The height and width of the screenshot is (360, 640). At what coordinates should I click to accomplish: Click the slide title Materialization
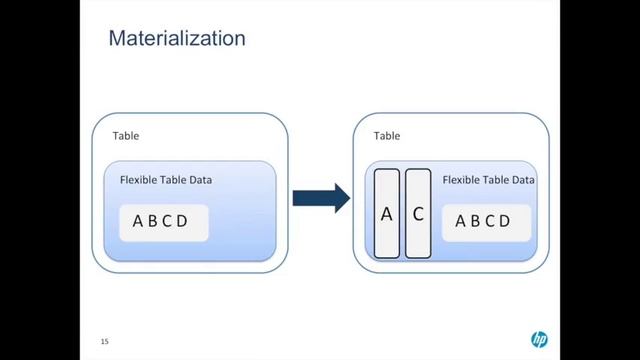pyautogui.click(x=176, y=40)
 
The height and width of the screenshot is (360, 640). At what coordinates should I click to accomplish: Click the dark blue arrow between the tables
pyautogui.click(x=320, y=198)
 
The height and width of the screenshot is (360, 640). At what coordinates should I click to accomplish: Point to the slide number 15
pyautogui.click(x=104, y=342)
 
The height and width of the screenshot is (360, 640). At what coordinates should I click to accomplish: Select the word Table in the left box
pyautogui.click(x=126, y=135)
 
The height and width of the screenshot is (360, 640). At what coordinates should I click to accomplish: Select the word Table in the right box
pyautogui.click(x=387, y=135)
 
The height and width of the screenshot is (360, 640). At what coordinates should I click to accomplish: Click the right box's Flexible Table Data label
pyautogui.click(x=489, y=181)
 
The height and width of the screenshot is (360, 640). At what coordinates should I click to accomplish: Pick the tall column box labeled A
pyautogui.click(x=387, y=213)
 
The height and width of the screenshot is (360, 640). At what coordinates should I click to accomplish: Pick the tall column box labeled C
pyautogui.click(x=418, y=213)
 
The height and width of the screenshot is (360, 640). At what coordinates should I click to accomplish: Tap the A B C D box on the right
pyautogui.click(x=483, y=222)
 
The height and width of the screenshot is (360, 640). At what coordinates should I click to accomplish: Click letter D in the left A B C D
pyautogui.click(x=182, y=222)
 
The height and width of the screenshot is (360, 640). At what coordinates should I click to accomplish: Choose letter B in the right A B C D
pyautogui.click(x=475, y=222)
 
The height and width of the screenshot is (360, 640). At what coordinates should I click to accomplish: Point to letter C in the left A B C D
pyautogui.click(x=167, y=222)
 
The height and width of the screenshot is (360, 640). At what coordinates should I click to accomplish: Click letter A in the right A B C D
pyautogui.click(x=461, y=222)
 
